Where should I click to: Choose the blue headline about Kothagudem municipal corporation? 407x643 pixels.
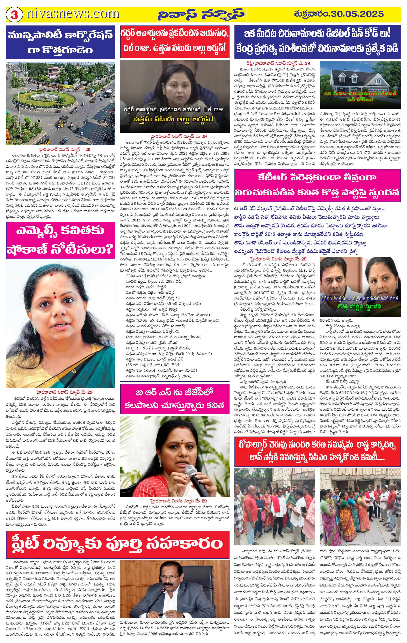[x=61, y=42]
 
